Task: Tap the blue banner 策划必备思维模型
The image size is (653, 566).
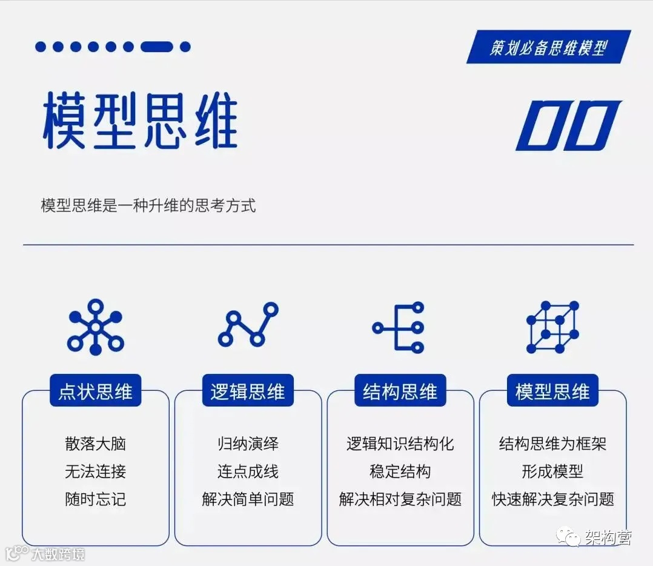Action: pos(548,47)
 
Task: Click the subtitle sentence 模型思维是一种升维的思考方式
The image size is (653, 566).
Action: pos(148,205)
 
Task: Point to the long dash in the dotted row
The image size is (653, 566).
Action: pos(157,47)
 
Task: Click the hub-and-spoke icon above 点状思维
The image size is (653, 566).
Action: pos(95,327)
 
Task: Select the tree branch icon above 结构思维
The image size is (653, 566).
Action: pos(399,328)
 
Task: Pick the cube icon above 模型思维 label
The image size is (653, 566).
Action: pos(552,327)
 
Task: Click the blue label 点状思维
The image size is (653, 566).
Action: pos(95,391)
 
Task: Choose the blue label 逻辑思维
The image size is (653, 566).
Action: pos(248,391)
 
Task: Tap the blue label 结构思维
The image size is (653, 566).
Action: pos(400,391)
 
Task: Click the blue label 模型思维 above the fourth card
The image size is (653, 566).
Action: pos(552,391)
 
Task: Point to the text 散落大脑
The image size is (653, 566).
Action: pos(95,444)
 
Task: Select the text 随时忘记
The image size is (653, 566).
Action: pos(95,499)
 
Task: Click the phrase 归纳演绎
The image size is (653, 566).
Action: pos(248,444)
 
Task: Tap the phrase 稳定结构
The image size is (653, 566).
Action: pos(400,471)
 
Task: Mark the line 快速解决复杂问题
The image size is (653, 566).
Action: pos(552,499)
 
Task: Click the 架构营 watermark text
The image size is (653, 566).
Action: pos(608,538)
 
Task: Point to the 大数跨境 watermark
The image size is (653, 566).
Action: pos(58,553)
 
